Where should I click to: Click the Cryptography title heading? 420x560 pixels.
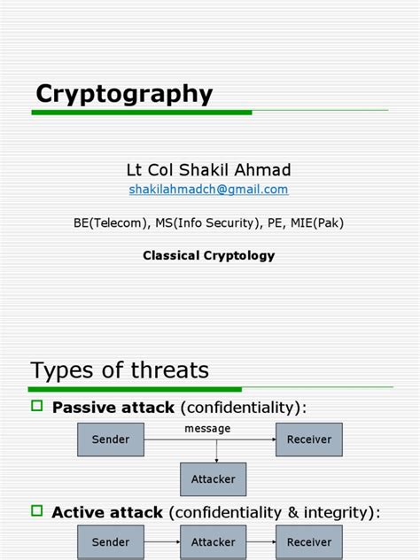[124, 94]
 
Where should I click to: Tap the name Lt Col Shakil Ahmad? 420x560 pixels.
[209, 169]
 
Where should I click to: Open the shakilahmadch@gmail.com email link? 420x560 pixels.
[209, 190]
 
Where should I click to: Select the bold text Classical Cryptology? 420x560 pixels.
[209, 255]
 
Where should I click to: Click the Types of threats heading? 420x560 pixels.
[120, 369]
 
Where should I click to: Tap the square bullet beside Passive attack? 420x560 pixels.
[37, 406]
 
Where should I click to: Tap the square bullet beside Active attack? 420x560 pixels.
[37, 510]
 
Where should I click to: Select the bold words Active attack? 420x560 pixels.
[107, 512]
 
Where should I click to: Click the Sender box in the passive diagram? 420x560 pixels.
[111, 439]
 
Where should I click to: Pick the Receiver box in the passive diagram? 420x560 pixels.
[309, 439]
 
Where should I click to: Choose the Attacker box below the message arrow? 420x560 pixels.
[213, 479]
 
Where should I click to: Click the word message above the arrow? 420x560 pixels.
[207, 429]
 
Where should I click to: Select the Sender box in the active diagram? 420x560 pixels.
[111, 541]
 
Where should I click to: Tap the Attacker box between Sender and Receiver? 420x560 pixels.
[213, 541]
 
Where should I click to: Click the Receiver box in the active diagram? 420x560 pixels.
[309, 541]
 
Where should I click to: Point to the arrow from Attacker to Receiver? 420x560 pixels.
[261, 541]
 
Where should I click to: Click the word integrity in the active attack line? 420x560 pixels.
[340, 512]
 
